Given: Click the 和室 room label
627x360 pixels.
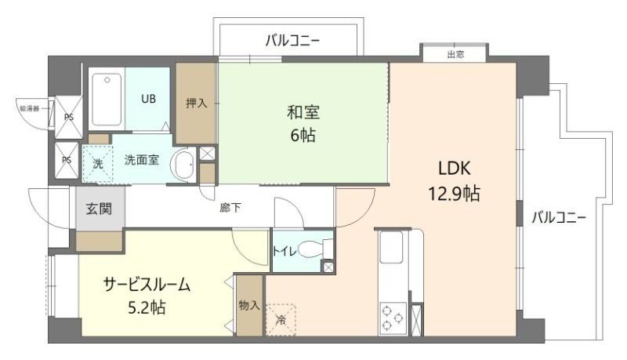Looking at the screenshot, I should (304, 112).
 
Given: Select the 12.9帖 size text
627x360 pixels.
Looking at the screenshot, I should (455, 194).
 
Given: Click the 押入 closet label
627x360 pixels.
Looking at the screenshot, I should (196, 103).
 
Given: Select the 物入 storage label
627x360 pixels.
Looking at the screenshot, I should (249, 305).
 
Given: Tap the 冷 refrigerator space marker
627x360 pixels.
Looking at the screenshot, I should (281, 318).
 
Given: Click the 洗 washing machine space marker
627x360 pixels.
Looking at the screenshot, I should (98, 164).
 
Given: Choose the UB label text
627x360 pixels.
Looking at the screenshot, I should (148, 99).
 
